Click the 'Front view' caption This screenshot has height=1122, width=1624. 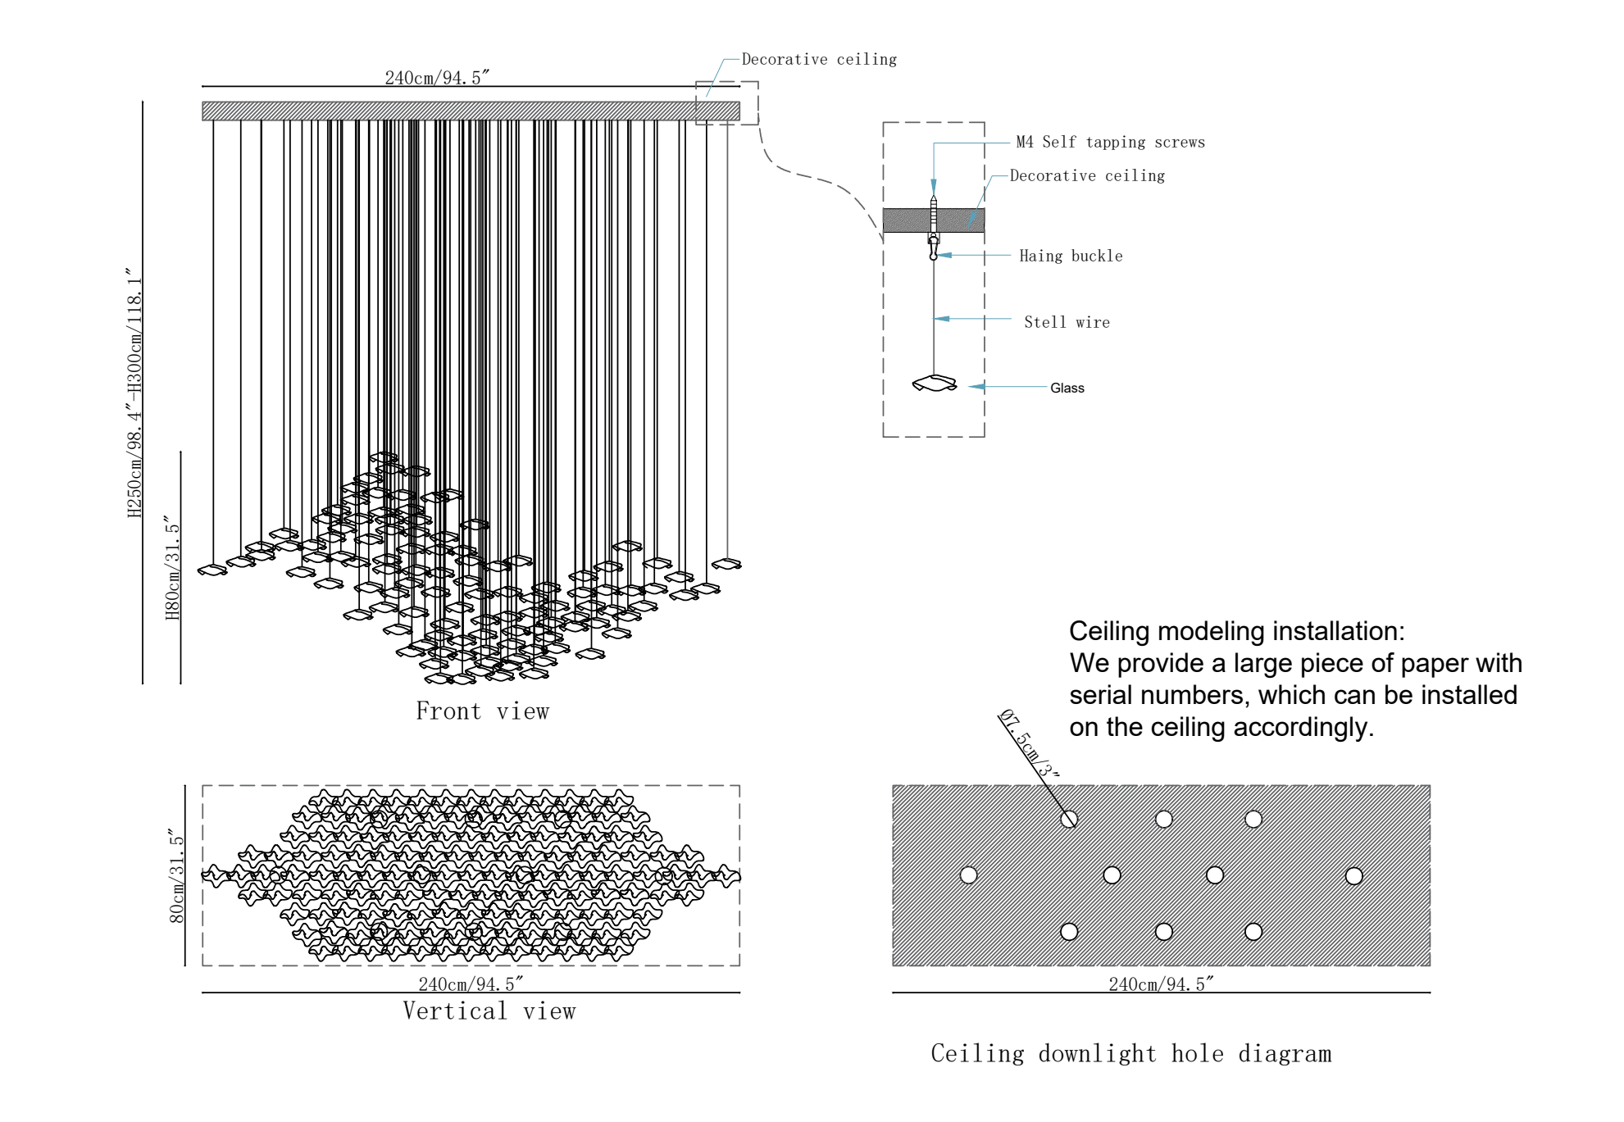[x=482, y=711]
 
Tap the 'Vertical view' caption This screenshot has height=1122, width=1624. [x=489, y=1011]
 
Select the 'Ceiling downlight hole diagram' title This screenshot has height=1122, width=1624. [x=1130, y=1054]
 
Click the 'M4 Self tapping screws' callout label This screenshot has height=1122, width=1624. [x=1110, y=143]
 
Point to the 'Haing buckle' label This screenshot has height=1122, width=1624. [x=1071, y=257]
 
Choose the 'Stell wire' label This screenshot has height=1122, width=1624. [x=1067, y=323]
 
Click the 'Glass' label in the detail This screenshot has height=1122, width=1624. [x=1067, y=388]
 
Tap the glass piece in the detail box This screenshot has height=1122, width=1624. [x=935, y=384]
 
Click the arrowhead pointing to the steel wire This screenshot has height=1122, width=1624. [x=942, y=319]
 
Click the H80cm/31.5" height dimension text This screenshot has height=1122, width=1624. [x=172, y=568]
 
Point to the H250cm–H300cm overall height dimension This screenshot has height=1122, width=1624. [x=134, y=393]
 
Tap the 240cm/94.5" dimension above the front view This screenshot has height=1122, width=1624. [x=437, y=78]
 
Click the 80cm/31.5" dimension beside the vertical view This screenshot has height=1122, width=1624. [x=176, y=875]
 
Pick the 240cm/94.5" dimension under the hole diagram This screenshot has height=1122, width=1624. [x=1161, y=984]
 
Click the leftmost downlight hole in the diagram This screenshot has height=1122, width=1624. [x=968, y=875]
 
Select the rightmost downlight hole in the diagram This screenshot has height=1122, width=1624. [x=1353, y=876]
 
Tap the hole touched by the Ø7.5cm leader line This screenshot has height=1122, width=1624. [x=1069, y=820]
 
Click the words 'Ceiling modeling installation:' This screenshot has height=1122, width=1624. [x=1236, y=631]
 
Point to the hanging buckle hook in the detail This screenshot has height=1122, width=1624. [x=933, y=248]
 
